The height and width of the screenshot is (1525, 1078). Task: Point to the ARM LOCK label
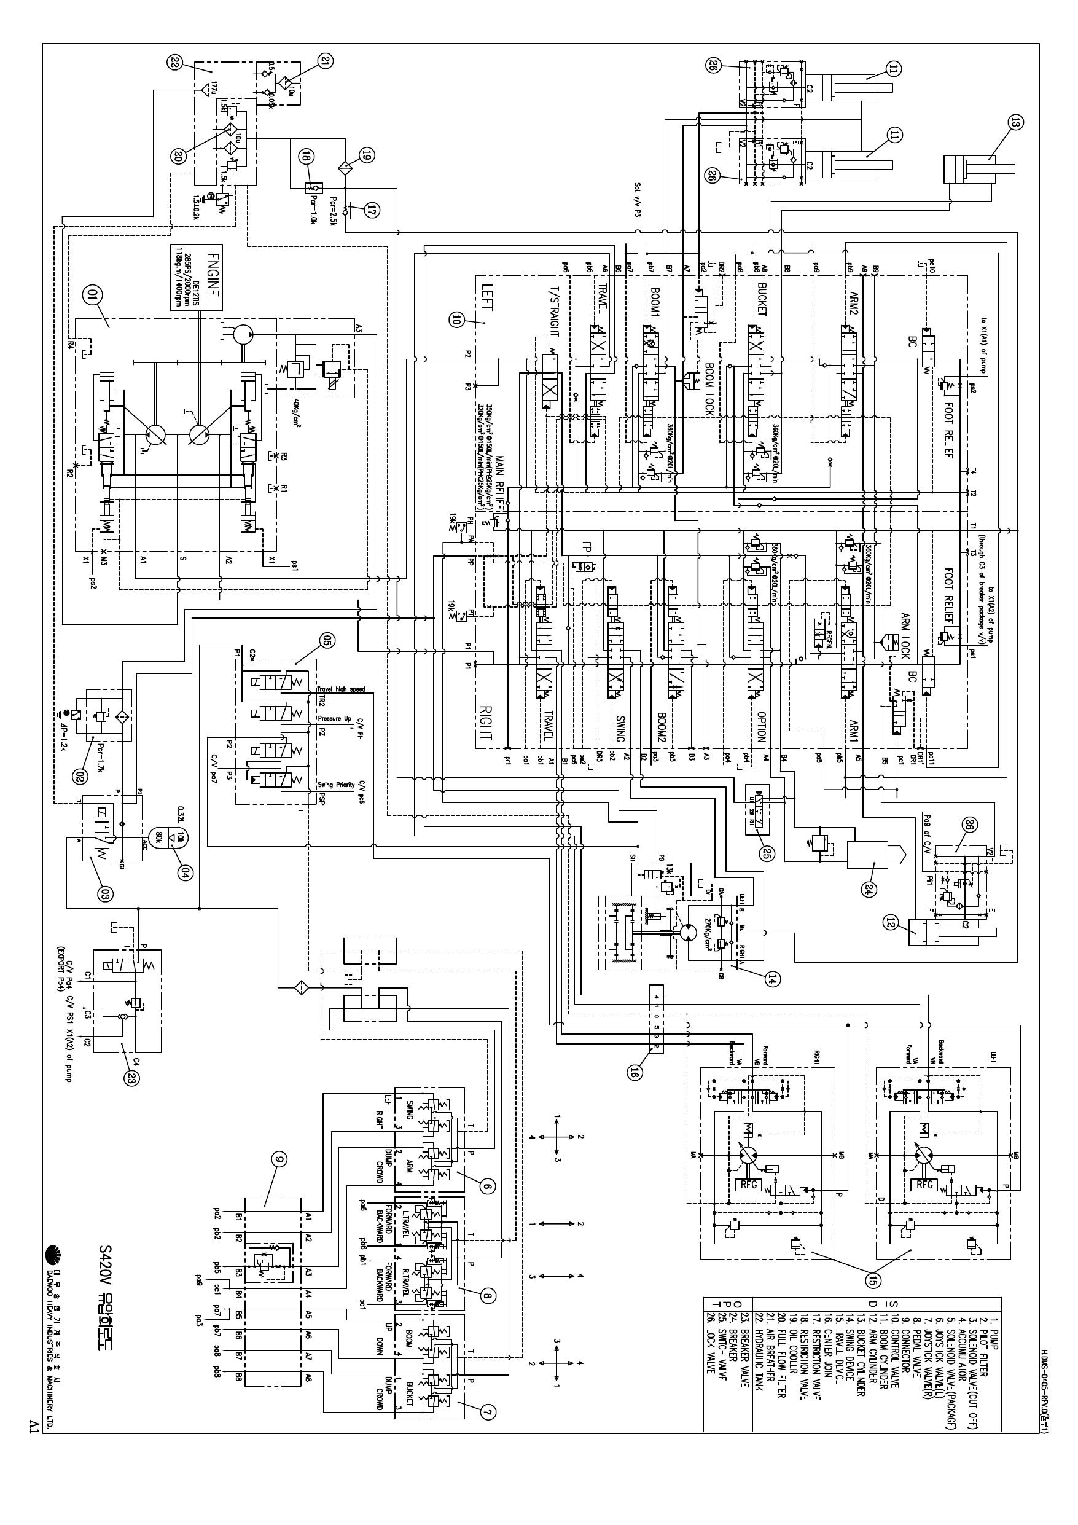point(904,632)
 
